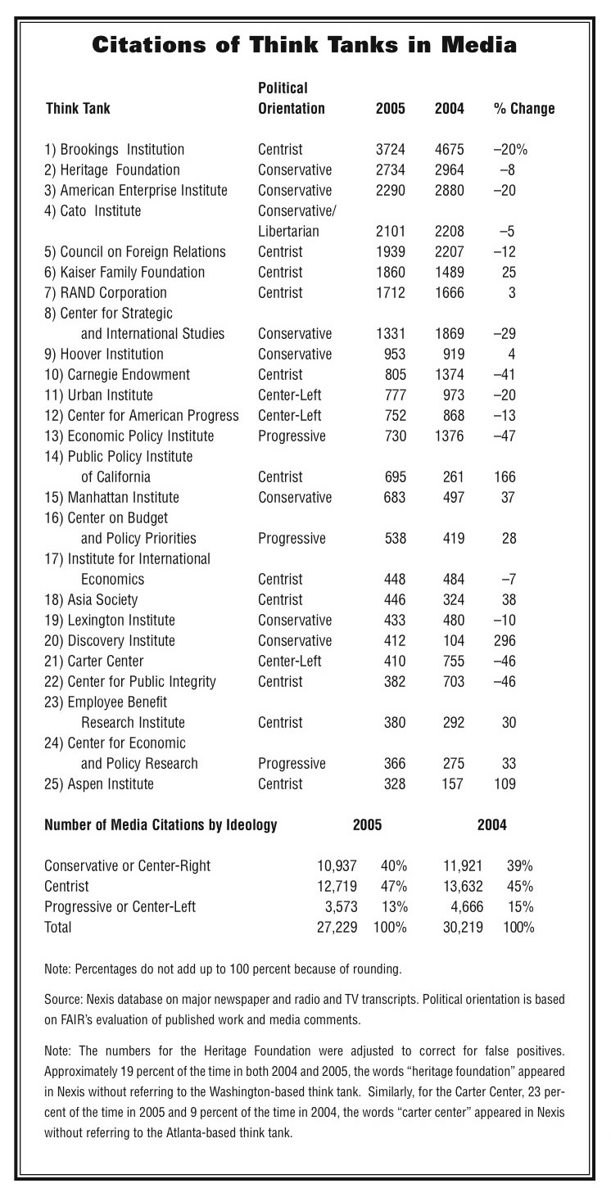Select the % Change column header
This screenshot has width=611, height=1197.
pyautogui.click(x=523, y=109)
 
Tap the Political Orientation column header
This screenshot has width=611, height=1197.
pyautogui.click(x=291, y=98)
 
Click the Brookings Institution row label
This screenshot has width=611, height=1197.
pyautogui.click(x=114, y=150)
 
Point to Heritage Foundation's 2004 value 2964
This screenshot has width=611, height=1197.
pyautogui.click(x=450, y=170)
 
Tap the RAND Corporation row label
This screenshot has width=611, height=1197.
pyautogui.click(x=106, y=293)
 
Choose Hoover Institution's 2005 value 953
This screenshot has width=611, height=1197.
pyautogui.click(x=396, y=355)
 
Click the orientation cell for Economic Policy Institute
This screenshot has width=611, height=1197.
pyautogui.click(x=292, y=436)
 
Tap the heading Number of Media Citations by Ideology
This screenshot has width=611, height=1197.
pyautogui.click(x=161, y=825)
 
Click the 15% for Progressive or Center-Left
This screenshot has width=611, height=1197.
pyautogui.click(x=521, y=907)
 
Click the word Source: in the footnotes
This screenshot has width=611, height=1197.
pyautogui.click(x=64, y=1001)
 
